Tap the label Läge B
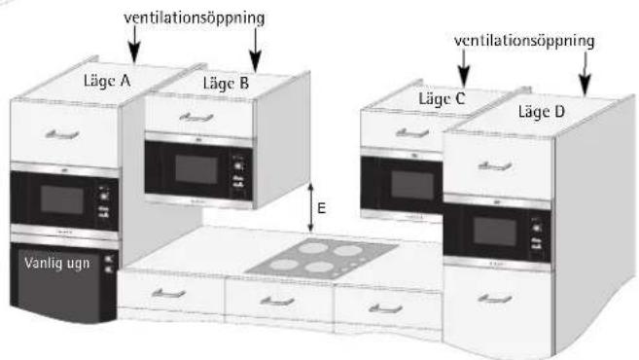pyautogui.click(x=226, y=84)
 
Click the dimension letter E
pyautogui.click(x=330, y=206)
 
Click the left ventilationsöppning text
pyautogui.click(x=195, y=18)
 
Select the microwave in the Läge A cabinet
pyautogui.click(x=63, y=199)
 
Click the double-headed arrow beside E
pyautogui.click(x=311, y=205)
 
